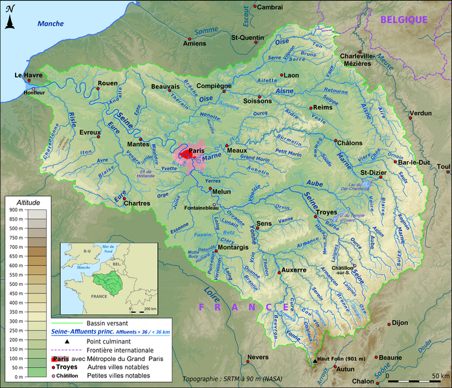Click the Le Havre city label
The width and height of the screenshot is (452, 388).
[28, 76]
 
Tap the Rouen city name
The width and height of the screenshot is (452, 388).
[107, 83]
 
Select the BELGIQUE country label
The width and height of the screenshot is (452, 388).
[403, 19]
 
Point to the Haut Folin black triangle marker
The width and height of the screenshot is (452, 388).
[315, 360]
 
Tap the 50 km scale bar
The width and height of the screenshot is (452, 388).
[424, 376]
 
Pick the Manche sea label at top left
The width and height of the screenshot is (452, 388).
[51, 24]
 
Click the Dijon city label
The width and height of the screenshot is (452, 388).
[400, 322]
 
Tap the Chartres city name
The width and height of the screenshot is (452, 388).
[136, 203]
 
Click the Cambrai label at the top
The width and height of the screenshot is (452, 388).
[269, 7]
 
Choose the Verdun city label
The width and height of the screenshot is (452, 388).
[421, 113]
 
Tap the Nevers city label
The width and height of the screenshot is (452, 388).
[258, 357]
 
